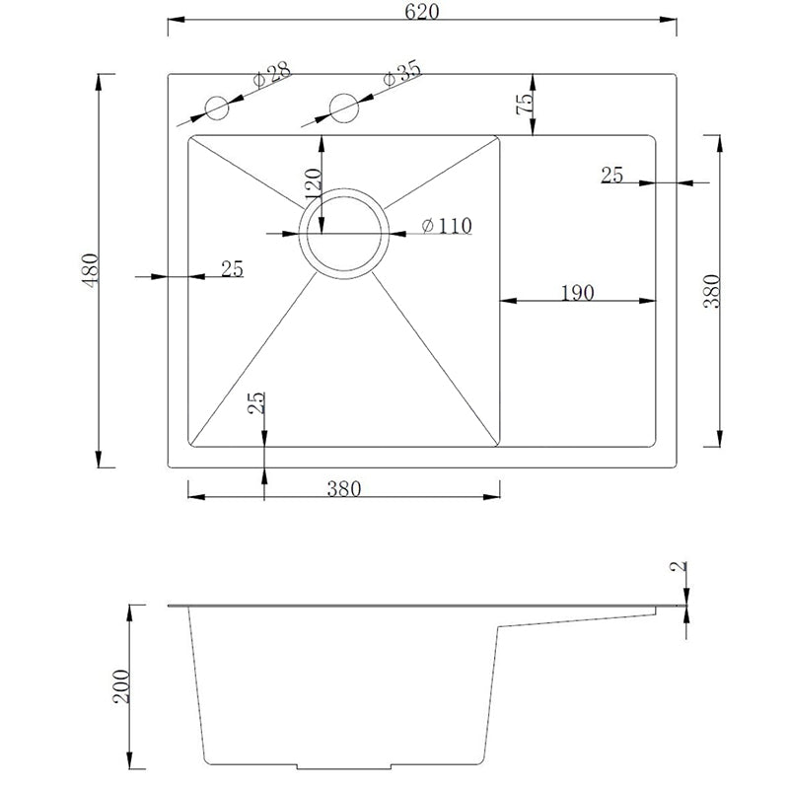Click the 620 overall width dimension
[x=422, y=12]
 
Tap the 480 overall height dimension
[x=91, y=269]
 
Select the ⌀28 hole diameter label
[x=272, y=75]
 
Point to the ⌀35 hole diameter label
[x=401, y=75]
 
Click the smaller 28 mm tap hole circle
[x=217, y=108]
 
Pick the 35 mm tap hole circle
[x=344, y=108]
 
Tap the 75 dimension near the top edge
[x=524, y=104]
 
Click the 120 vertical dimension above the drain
[x=313, y=184]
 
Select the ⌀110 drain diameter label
[x=447, y=226]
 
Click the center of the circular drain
[x=344, y=234]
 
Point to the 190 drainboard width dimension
[x=578, y=292]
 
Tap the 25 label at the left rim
[x=232, y=268]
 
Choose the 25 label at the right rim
[x=611, y=175]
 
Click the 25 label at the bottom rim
[x=255, y=402]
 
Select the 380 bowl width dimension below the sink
[x=344, y=488]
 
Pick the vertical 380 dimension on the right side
[x=712, y=291]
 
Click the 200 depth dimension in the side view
[x=120, y=686]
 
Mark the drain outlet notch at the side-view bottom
[x=344, y=766]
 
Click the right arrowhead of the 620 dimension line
[x=669, y=20]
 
